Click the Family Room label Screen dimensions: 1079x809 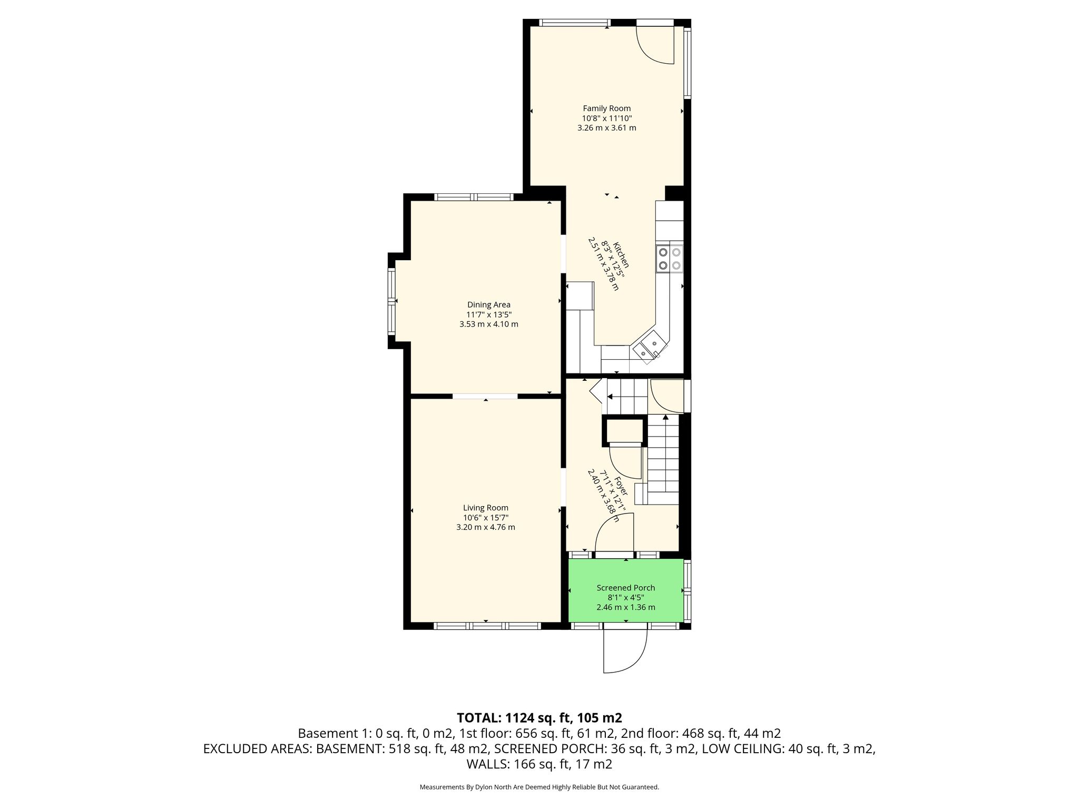tap(606, 108)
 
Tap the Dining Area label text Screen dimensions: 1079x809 tap(489, 304)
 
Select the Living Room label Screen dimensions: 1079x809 tap(486, 508)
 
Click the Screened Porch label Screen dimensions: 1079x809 tap(626, 588)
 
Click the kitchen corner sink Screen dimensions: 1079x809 tap(650, 346)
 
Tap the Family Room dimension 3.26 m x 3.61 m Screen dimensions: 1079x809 tap(606, 127)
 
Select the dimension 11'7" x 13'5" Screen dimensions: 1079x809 tap(489, 314)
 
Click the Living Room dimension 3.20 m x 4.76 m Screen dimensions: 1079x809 tap(486, 527)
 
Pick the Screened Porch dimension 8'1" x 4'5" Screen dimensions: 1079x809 tap(626, 598)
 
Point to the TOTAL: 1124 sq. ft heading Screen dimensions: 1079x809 tap(539, 718)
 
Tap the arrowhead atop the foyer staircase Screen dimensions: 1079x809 tap(666, 417)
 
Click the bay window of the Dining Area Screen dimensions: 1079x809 tap(391, 301)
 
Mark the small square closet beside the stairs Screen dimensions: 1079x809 tap(624, 431)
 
